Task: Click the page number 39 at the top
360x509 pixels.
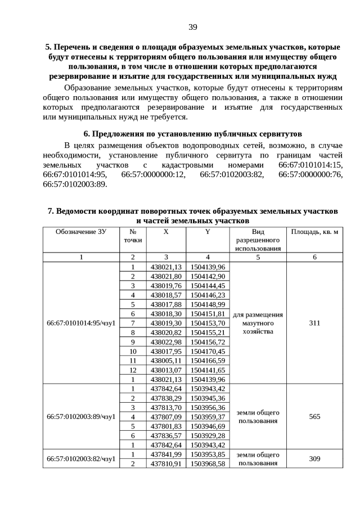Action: pyautogui.click(x=192, y=27)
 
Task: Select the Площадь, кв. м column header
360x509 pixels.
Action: pyautogui.click(x=314, y=232)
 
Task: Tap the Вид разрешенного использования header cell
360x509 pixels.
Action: pyautogui.click(x=258, y=240)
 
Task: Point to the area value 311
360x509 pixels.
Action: pyautogui.click(x=314, y=323)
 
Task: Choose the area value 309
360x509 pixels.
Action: pyautogui.click(x=314, y=459)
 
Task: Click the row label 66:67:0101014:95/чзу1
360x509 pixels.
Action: pyautogui.click(x=81, y=323)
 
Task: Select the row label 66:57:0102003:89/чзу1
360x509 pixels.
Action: pyautogui.click(x=81, y=417)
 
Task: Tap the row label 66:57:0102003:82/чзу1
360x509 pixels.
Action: pyautogui.click(x=81, y=459)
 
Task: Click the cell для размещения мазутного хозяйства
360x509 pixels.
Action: pyautogui.click(x=258, y=323)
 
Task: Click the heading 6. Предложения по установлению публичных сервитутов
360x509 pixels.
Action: pyautogui.click(x=192, y=134)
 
